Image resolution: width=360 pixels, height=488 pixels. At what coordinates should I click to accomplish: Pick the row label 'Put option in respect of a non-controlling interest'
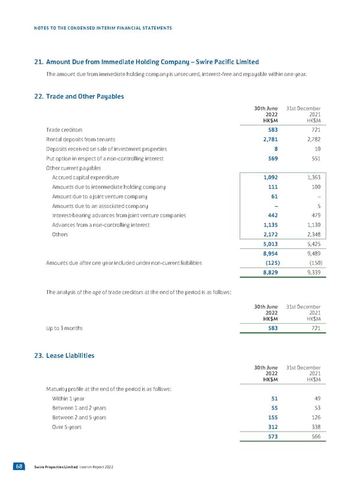105,158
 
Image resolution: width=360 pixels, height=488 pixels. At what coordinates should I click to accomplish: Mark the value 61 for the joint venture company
274,197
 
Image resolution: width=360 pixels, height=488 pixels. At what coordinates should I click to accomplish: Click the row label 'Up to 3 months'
65,328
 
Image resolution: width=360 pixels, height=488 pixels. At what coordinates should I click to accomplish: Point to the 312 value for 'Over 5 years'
271,427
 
